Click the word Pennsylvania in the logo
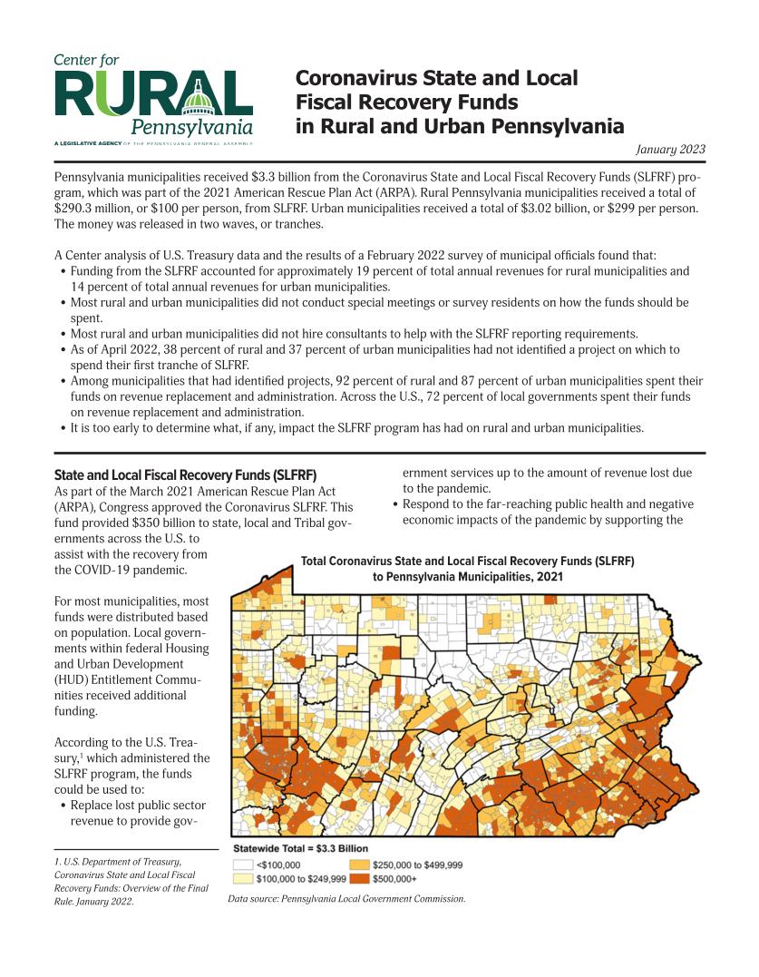point(191,127)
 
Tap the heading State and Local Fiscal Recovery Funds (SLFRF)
point(185,474)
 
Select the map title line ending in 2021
point(467,577)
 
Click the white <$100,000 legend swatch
point(243,865)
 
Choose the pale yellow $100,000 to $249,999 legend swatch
point(243,878)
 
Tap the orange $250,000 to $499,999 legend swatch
point(359,865)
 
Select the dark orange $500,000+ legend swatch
point(359,878)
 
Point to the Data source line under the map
point(346,899)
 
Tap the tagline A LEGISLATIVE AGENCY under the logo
point(88,143)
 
